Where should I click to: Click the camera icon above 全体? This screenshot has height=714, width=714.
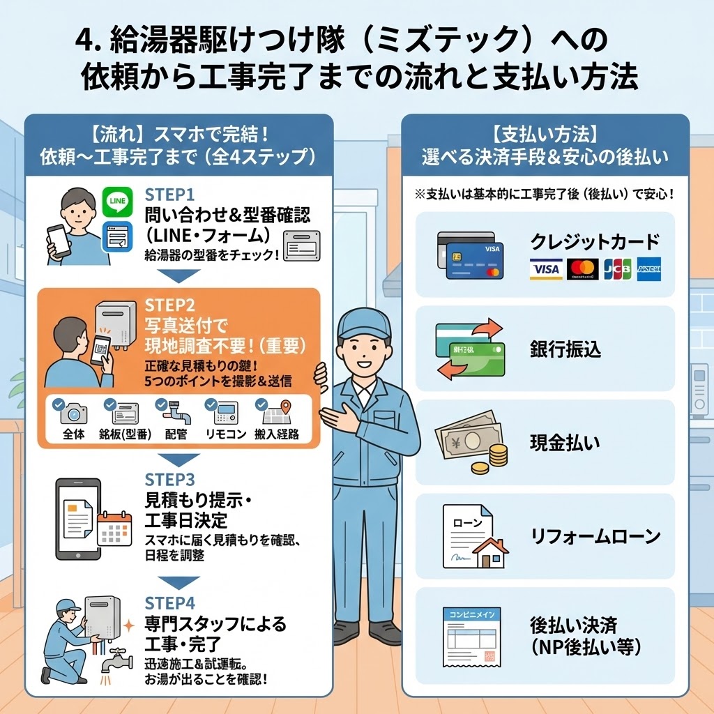tap(73, 413)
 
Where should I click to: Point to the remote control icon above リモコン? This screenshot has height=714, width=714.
tap(225, 413)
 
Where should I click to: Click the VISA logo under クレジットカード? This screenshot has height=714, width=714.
tap(545, 269)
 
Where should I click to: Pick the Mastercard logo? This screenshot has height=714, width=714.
tap(583, 269)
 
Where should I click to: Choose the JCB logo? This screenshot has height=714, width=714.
tap(617, 269)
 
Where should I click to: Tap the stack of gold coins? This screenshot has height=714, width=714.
tap(497, 457)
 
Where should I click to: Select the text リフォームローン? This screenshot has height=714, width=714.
tap(595, 537)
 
